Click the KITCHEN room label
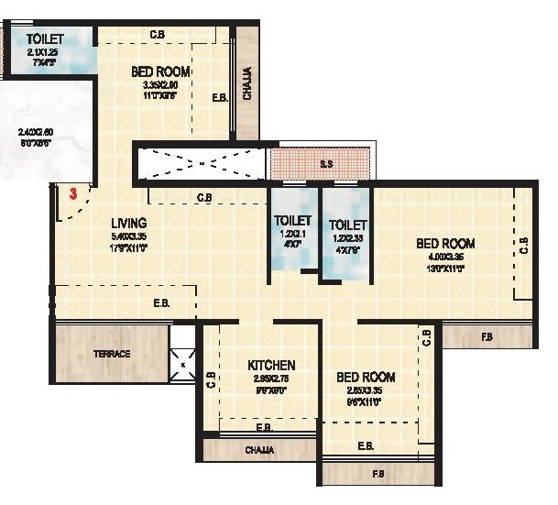pyautogui.click(x=270, y=365)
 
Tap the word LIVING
pyautogui.click(x=129, y=223)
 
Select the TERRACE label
pyautogui.click(x=111, y=354)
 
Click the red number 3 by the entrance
pyautogui.click(x=71, y=193)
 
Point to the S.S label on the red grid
pyautogui.click(x=325, y=166)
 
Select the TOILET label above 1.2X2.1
pyautogui.click(x=292, y=221)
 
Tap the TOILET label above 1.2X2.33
pyautogui.click(x=347, y=225)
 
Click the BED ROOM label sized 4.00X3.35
pyautogui.click(x=445, y=244)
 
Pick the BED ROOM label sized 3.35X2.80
pyautogui.click(x=160, y=71)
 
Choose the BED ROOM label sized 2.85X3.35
pyautogui.click(x=366, y=377)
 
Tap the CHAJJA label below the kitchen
pyautogui.click(x=260, y=450)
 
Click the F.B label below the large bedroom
pyautogui.click(x=486, y=336)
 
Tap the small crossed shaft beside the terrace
pyautogui.click(x=182, y=364)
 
